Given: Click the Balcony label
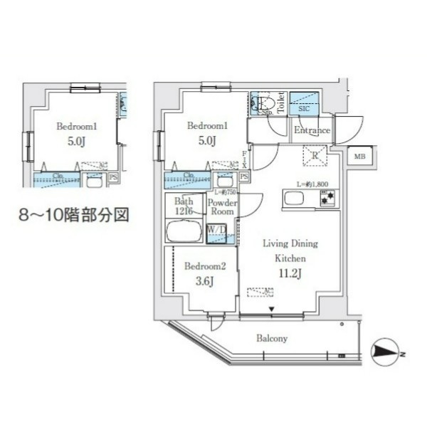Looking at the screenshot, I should point(272,339).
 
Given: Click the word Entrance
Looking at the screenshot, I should point(312,131).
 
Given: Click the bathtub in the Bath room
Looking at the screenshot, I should point(184,232).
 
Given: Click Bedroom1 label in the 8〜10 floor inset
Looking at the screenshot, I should point(76,126).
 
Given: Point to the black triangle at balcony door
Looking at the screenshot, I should point(271,308).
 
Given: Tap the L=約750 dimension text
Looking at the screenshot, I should point(226,192).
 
